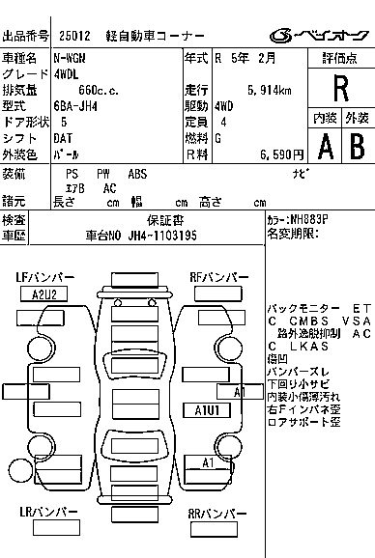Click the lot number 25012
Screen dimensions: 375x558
(x=73, y=36)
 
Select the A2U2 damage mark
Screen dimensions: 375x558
(x=43, y=293)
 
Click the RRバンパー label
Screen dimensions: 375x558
(x=216, y=515)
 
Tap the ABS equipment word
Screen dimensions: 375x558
(x=137, y=174)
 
